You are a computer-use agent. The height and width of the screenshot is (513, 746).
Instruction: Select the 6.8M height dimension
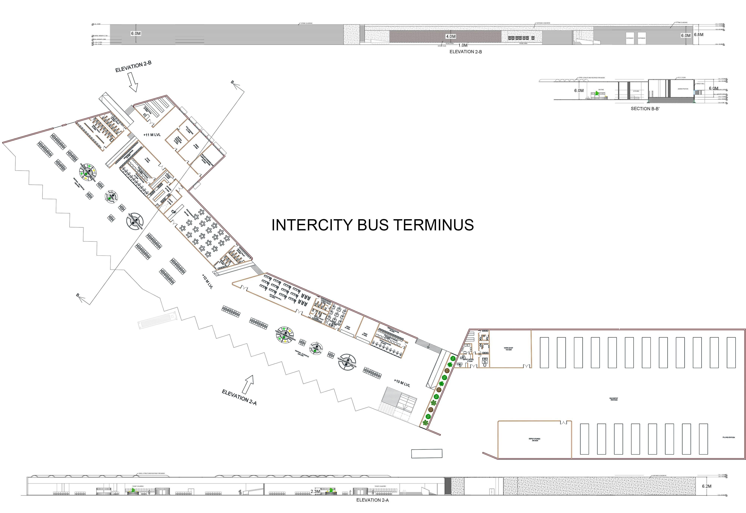tap(698, 34)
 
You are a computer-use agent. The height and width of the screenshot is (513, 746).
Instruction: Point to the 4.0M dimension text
tap(450, 37)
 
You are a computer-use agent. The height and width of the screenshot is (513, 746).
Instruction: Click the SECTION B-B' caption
tap(645, 109)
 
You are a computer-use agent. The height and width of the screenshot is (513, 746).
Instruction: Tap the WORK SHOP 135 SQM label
tap(508, 349)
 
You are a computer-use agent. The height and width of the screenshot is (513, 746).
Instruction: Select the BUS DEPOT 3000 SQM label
tap(613, 399)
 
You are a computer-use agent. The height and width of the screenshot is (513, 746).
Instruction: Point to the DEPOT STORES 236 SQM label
tap(534, 439)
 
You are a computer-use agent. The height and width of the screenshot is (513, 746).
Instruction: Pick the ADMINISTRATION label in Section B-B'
tap(683, 89)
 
